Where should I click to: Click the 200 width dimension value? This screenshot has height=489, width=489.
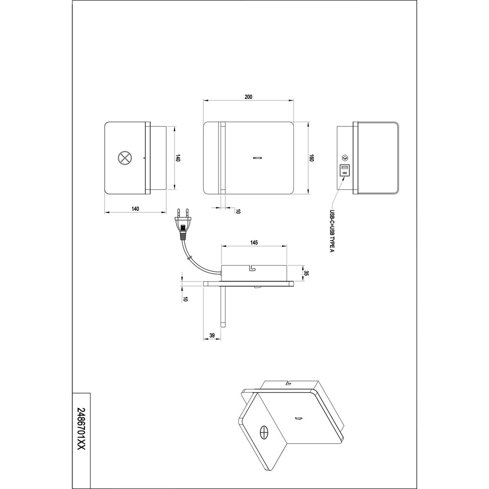click(x=248, y=97)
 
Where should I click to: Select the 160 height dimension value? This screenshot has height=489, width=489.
click(x=311, y=158)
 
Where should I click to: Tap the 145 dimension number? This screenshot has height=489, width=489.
click(x=254, y=243)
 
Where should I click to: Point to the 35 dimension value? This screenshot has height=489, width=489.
click(x=306, y=273)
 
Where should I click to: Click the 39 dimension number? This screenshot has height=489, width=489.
click(x=212, y=335)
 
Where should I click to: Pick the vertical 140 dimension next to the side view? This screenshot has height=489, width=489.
click(x=178, y=158)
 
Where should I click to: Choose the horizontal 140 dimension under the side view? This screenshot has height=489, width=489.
click(x=135, y=209)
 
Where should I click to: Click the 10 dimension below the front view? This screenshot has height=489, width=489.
click(x=239, y=211)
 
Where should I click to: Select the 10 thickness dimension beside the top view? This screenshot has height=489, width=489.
click(x=185, y=299)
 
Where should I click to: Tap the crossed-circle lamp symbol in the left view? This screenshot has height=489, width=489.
click(x=124, y=158)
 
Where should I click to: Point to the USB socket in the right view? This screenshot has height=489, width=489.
click(x=345, y=170)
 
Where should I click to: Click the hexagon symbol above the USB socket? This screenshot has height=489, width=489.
click(x=345, y=158)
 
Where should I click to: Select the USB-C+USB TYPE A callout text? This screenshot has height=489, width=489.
click(x=332, y=231)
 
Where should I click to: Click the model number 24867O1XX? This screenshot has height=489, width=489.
click(x=81, y=429)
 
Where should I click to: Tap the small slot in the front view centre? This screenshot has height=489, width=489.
click(x=258, y=158)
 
